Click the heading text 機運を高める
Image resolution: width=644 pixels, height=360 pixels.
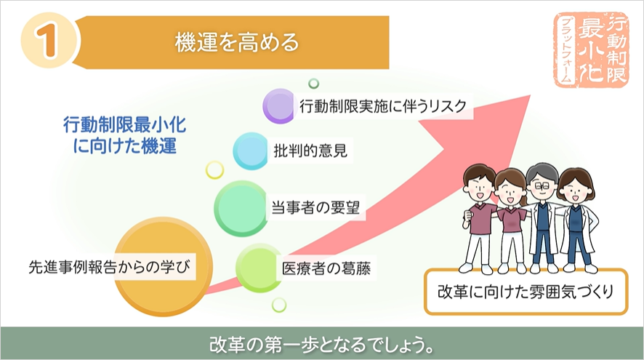point(237,42)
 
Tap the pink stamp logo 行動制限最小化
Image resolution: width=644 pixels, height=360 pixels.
point(591,49)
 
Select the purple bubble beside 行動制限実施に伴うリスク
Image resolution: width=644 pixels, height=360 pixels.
point(279,105)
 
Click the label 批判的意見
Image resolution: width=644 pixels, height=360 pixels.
point(310,151)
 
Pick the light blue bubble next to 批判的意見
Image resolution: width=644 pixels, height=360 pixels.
point(251,151)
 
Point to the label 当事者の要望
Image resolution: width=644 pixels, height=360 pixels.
point(316,207)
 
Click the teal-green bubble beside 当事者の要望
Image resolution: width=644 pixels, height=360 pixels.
point(241,208)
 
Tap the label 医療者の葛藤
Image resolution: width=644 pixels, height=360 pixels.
point(326,268)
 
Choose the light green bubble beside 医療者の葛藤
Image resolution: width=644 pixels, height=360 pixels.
point(259,268)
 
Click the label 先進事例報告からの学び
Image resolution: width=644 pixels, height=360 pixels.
point(110,267)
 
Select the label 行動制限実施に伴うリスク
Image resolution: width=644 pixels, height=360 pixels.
point(383,106)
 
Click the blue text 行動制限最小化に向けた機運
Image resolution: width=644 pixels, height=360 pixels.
point(125,135)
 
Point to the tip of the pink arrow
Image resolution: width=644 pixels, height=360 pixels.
point(530,96)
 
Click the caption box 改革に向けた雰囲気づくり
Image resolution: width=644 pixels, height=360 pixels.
point(526,292)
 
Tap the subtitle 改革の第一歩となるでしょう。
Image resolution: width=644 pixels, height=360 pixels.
point(321,345)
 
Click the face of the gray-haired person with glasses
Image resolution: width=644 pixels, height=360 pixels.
point(542,185)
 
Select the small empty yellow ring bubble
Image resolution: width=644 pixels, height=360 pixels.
point(214,169)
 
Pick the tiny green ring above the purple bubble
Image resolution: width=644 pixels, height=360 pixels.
point(313,84)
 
